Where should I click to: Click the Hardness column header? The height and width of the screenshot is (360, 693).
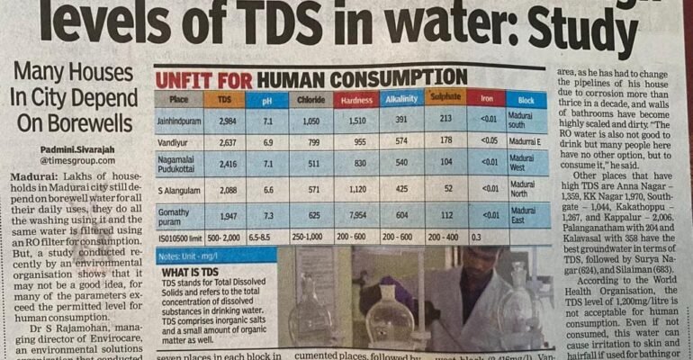click(x=356, y=100)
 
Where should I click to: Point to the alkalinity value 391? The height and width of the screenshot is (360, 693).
click(x=401, y=121)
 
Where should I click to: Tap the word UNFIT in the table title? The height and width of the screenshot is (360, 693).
click(x=189, y=78)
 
